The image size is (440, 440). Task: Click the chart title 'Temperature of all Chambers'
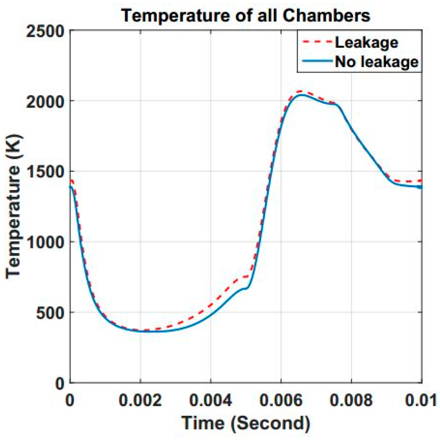click(x=246, y=15)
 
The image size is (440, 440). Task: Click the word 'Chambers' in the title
click(x=326, y=15)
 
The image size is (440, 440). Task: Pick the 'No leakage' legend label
click(x=377, y=62)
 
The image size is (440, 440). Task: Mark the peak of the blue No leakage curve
click(x=301, y=95)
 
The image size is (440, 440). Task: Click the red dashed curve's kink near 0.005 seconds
click(x=249, y=276)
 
